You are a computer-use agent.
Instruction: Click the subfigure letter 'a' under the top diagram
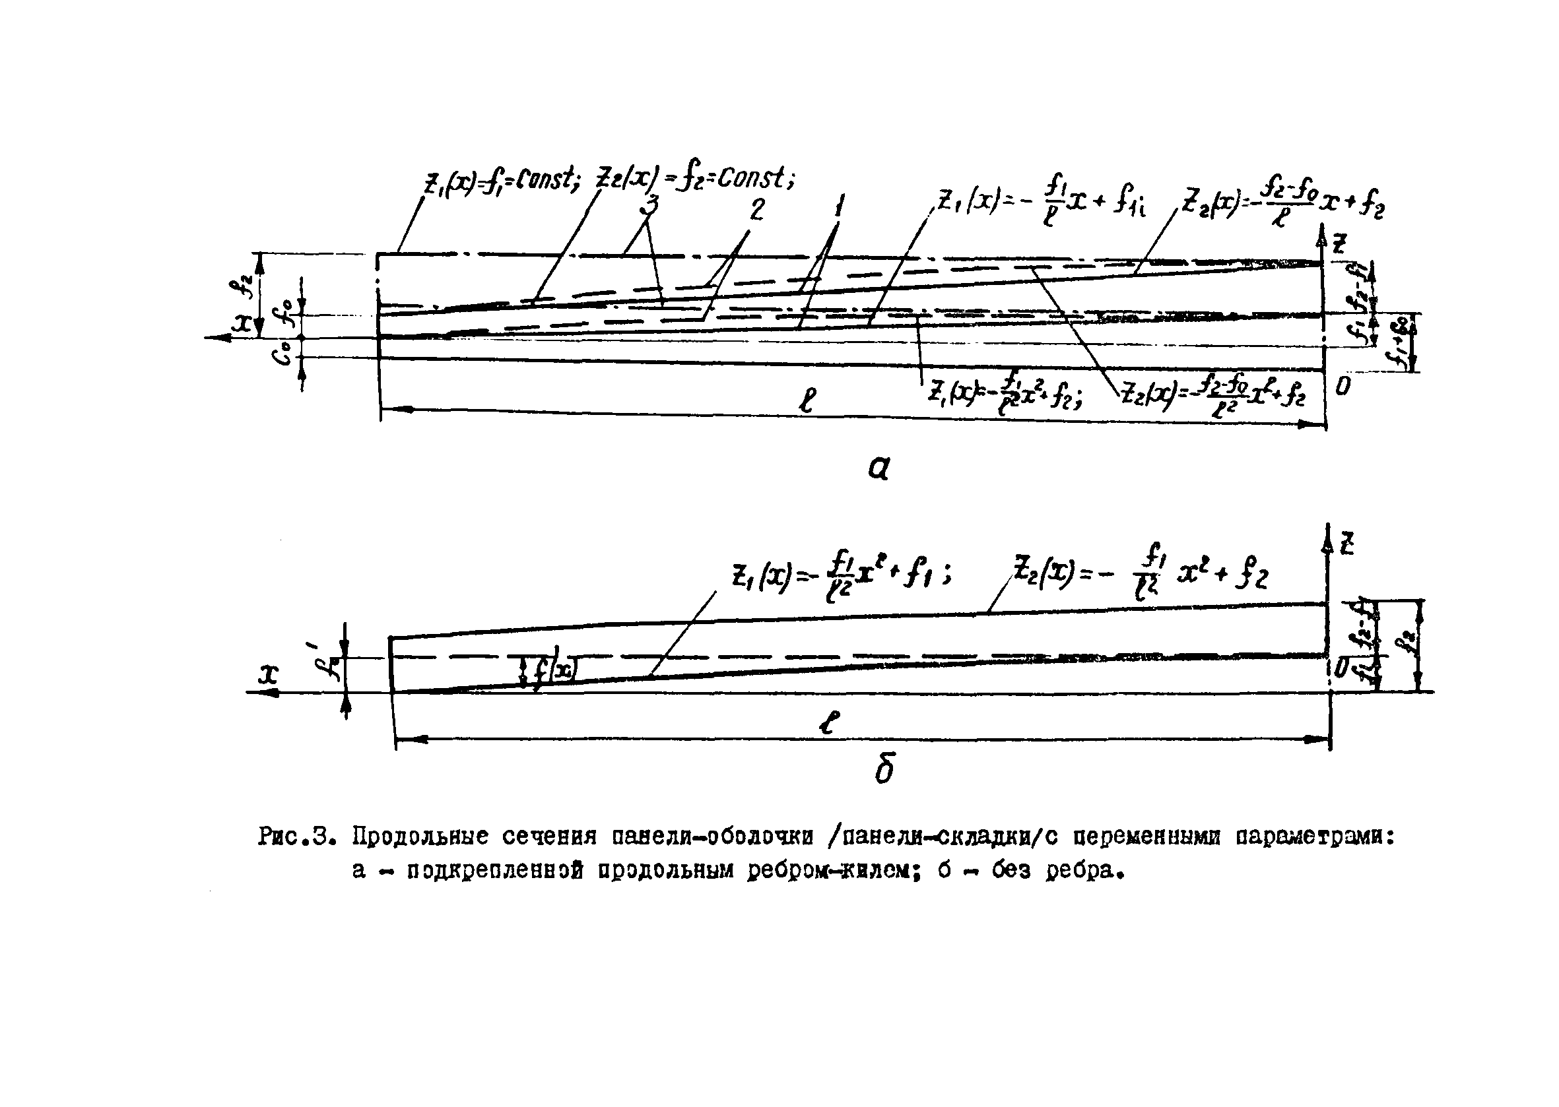point(879,468)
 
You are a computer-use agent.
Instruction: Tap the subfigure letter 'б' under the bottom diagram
point(884,771)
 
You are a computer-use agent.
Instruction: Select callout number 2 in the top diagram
point(757,210)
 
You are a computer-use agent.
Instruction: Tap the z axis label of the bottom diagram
point(1346,545)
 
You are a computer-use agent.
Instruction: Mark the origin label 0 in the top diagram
point(1342,387)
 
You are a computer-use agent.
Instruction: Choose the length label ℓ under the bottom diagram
point(828,722)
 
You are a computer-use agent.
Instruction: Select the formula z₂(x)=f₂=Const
point(696,179)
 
